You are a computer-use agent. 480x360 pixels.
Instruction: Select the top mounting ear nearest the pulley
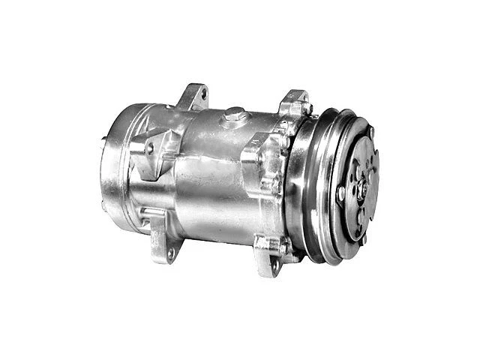point(293,106)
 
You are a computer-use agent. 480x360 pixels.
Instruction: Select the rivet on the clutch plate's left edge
point(342,193)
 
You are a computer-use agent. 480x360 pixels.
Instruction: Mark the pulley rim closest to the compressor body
point(300,187)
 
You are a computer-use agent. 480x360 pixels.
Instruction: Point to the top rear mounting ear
point(193,97)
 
